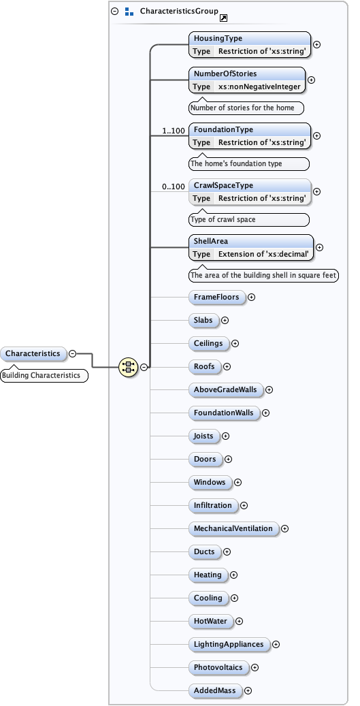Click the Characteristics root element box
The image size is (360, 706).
[x=33, y=353]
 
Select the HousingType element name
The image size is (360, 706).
[x=218, y=39]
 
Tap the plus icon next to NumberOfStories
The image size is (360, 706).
[x=312, y=80]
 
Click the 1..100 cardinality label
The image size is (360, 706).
[x=174, y=130]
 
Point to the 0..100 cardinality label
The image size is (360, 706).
[x=174, y=186]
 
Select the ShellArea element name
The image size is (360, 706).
[x=211, y=241]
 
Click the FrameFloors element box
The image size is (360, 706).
[x=216, y=297]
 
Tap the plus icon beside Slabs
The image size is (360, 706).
[x=225, y=320]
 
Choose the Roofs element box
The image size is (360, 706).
[x=204, y=366]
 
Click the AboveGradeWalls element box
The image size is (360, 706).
[x=225, y=389]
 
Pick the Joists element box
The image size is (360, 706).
[x=203, y=436]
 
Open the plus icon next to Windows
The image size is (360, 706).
[x=238, y=482]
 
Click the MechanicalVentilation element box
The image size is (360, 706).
[x=233, y=528]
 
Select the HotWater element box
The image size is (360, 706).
[x=210, y=621]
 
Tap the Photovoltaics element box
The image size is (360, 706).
[x=218, y=667]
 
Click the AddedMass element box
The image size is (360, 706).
[x=214, y=690]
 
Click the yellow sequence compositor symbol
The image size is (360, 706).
[x=128, y=367]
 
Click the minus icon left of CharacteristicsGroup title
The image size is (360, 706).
[x=114, y=12]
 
